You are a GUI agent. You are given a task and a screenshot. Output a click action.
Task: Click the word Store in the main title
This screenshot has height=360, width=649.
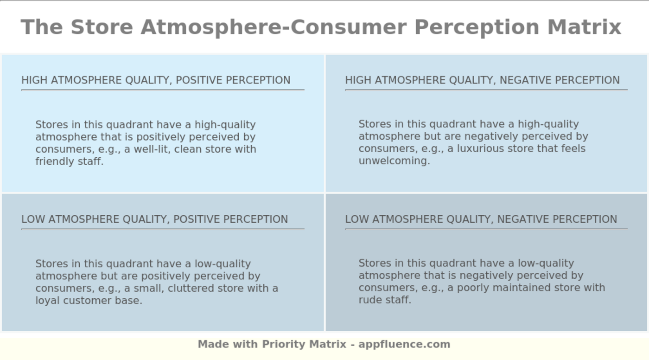click(x=102, y=27)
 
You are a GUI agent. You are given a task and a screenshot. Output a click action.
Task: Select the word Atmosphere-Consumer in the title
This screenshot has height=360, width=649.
click(x=274, y=27)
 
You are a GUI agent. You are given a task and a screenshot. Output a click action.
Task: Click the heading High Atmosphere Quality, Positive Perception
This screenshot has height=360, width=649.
click(x=156, y=80)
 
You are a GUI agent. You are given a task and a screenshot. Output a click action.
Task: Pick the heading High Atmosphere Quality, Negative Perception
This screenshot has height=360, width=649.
click(x=483, y=80)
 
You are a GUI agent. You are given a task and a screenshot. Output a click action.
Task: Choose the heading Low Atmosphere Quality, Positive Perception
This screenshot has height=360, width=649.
click(x=155, y=219)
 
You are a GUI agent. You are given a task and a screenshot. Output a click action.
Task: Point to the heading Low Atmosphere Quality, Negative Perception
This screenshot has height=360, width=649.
click(x=481, y=219)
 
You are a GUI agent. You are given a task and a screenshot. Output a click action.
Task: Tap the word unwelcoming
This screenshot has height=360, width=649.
click(x=394, y=161)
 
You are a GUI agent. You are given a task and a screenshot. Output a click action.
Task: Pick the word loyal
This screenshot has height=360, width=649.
click(x=48, y=301)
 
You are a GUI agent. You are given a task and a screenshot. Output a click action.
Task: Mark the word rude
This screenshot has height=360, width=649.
click(x=370, y=300)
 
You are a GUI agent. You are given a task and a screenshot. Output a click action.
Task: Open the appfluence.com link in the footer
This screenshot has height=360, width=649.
click(x=404, y=345)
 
